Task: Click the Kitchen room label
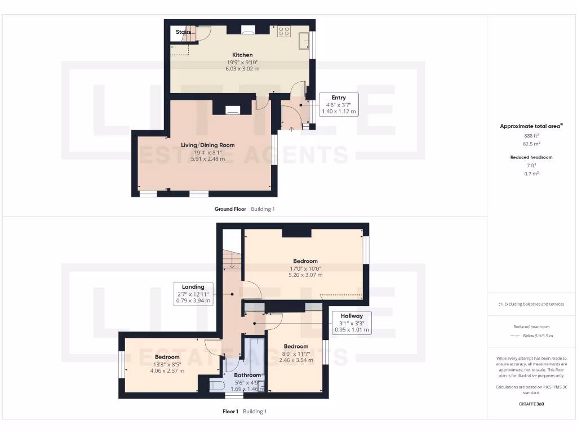click(242, 55)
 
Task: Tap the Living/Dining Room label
click(207, 145)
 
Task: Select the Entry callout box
click(338, 104)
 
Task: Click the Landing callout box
click(193, 294)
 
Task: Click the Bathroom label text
click(247, 375)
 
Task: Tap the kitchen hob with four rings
click(283, 32)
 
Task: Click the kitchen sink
click(303, 39)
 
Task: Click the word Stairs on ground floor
click(183, 32)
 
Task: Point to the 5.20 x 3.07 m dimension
click(305, 275)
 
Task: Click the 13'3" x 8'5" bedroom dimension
click(167, 364)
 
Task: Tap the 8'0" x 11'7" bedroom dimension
click(296, 354)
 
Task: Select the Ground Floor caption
click(230, 209)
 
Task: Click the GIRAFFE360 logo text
click(531, 404)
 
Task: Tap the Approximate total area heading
click(530, 126)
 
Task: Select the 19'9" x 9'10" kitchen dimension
click(242, 62)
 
